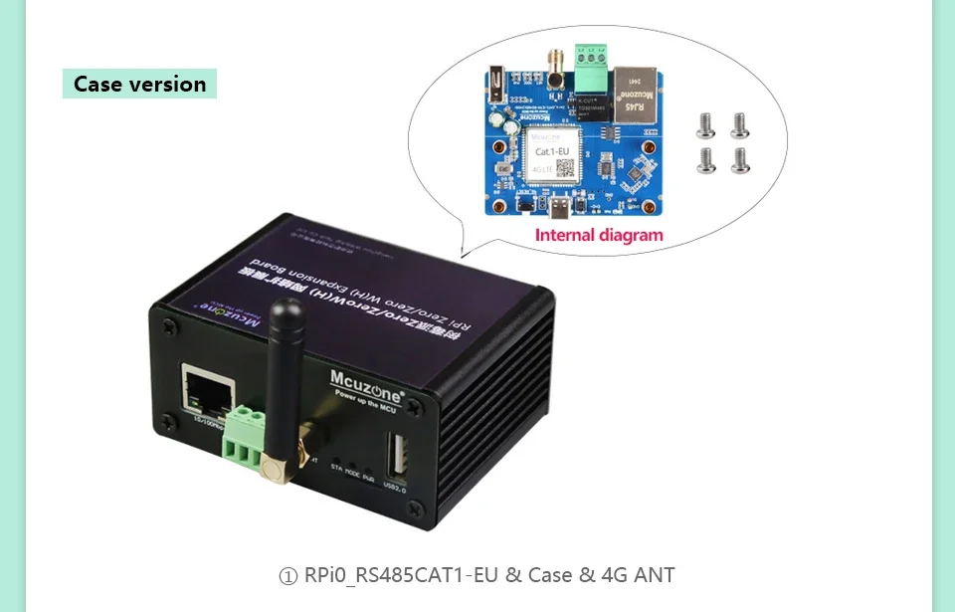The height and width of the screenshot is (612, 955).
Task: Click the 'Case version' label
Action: (x=139, y=84)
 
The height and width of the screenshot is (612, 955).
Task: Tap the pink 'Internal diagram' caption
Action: (x=599, y=236)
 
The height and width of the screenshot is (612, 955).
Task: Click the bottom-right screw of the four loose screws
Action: (x=740, y=159)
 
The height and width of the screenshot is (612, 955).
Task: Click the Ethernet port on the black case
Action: (x=205, y=389)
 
